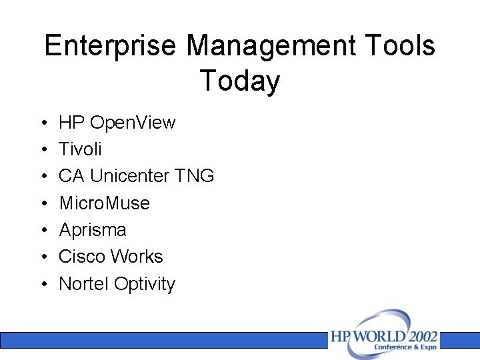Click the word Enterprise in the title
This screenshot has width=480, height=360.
pyautogui.click(x=111, y=46)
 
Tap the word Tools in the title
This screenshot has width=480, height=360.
pyautogui.click(x=400, y=46)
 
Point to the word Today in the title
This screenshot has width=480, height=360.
pyautogui.click(x=239, y=81)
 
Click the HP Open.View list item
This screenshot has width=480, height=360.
pyautogui.click(x=117, y=123)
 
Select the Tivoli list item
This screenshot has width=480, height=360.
pyautogui.click(x=80, y=149)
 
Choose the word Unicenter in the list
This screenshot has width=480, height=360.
pyautogui.click(x=129, y=176)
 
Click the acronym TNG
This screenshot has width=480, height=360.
pyautogui.click(x=194, y=176)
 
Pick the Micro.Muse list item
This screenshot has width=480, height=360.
pyautogui.click(x=104, y=203)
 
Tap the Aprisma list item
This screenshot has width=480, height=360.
pyautogui.click(x=92, y=230)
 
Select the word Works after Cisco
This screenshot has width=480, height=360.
pyautogui.click(x=137, y=257)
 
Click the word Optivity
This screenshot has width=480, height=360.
pyautogui.click(x=145, y=284)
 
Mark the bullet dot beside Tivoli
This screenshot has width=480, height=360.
pyautogui.click(x=42, y=150)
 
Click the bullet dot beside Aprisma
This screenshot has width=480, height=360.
pyautogui.click(x=42, y=231)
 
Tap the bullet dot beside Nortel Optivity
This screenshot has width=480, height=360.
pyautogui.click(x=42, y=285)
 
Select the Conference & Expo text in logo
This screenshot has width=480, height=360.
pyautogui.click(x=405, y=347)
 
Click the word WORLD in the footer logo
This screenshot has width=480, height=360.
pyautogui.click(x=377, y=336)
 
